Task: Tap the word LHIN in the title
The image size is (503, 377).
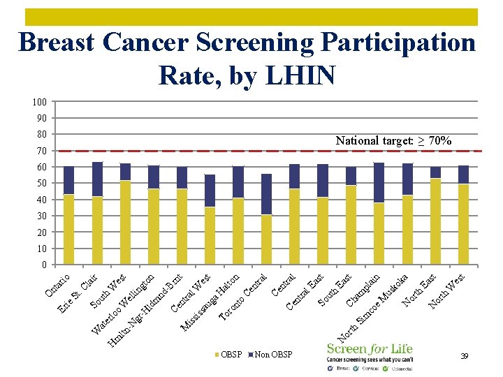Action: point(296,75)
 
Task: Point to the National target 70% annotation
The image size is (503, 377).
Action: point(393,141)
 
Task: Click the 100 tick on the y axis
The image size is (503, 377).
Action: point(39,103)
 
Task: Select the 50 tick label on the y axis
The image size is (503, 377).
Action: point(41,183)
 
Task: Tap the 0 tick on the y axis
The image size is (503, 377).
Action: point(44,265)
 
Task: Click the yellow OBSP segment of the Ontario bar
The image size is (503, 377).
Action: point(69,229)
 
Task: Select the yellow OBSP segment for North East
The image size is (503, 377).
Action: point(435,221)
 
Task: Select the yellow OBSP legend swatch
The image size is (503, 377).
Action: point(217,355)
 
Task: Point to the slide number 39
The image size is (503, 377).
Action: point(464,356)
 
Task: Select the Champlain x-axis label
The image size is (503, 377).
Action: point(363,290)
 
